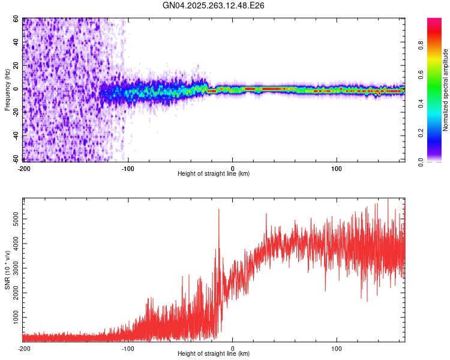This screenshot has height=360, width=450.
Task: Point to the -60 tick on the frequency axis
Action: point(16,159)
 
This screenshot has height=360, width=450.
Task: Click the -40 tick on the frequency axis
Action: point(16,136)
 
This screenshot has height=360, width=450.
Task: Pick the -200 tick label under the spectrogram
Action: point(24,167)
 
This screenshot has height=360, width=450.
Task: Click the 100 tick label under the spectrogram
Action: point(337,167)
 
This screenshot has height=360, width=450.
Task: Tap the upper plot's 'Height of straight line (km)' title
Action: point(214,174)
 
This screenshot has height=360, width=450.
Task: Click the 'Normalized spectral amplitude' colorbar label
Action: point(445,90)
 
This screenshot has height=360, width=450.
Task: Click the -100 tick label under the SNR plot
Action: point(128,347)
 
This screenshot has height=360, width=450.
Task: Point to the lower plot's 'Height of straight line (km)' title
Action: point(214,354)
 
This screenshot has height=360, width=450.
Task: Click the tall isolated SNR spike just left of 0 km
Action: point(218,209)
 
